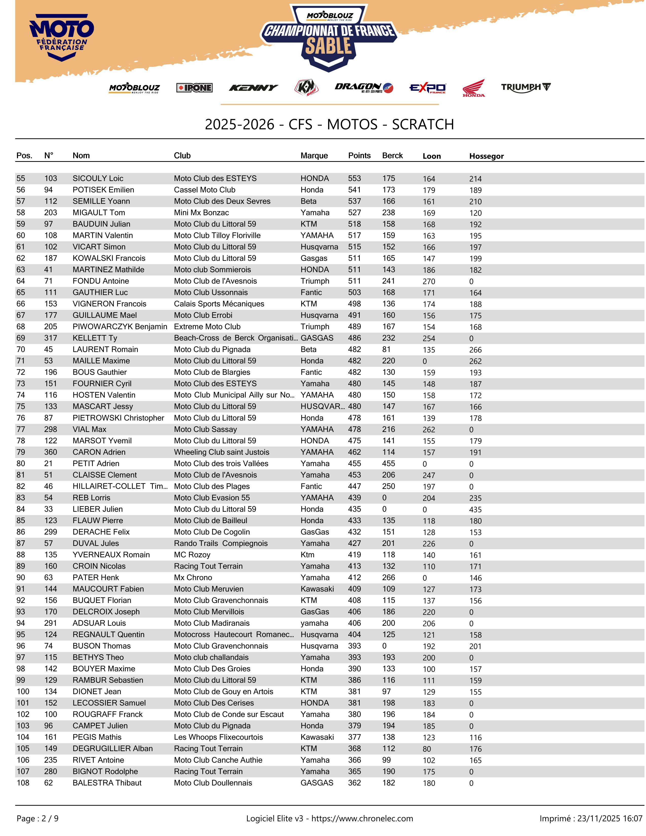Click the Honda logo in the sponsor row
(473, 88)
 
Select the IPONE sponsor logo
(194, 88)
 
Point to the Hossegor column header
(486, 156)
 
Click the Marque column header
(314, 155)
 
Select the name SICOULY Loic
(98, 178)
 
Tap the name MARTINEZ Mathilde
(108, 270)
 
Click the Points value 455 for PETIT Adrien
(354, 464)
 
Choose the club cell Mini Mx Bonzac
(201, 213)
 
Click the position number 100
(23, 691)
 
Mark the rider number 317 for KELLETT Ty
(50, 338)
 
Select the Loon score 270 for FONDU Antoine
(429, 281)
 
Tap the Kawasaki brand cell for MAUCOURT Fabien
(317, 589)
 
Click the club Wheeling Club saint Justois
(222, 452)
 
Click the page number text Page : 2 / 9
(37, 818)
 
